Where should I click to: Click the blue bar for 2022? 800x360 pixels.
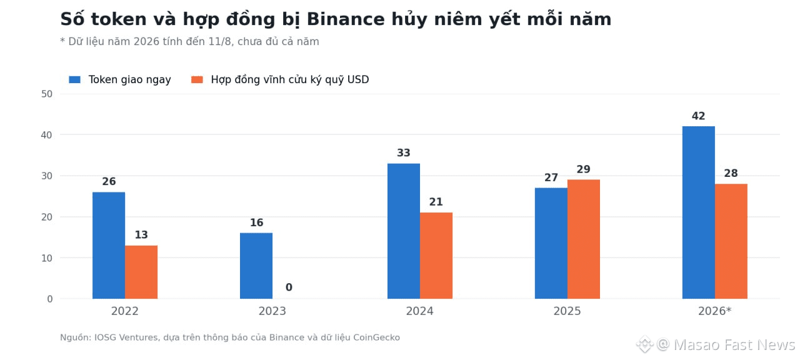tap(109, 246)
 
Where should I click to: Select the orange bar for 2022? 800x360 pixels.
tap(141, 272)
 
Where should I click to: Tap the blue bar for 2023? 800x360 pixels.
tap(256, 266)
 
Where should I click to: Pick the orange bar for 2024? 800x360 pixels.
tap(436, 256)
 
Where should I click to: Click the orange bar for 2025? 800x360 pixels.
tap(584, 239)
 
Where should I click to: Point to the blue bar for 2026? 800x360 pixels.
tap(699, 212)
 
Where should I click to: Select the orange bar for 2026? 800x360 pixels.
tap(731, 241)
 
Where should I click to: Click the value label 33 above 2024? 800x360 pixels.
tap(404, 153)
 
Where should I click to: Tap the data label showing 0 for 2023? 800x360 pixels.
tap(289, 287)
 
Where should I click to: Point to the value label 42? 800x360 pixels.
tap(699, 116)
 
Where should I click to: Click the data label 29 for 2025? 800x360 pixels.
tap(584, 169)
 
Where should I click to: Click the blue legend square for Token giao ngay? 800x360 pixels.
tap(74, 79)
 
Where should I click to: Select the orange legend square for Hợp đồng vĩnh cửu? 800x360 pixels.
tap(197, 79)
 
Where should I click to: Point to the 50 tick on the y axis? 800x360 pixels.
tap(47, 94)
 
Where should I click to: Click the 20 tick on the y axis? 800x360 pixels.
tap(47, 217)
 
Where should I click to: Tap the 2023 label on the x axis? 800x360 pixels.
tap(272, 311)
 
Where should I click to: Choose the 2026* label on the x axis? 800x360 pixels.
tap(714, 311)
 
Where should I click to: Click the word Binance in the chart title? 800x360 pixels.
tap(346, 19)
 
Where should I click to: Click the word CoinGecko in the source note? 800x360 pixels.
tap(376, 337)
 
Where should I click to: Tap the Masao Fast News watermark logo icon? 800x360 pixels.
tap(645, 344)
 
